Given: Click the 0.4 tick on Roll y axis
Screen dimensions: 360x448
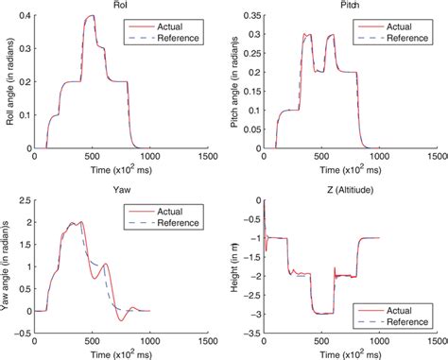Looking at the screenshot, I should [x=27, y=16].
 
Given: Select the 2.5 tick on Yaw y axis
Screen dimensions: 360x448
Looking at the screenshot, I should [x=27, y=200].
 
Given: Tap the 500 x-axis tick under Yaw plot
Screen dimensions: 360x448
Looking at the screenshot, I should [x=95, y=345].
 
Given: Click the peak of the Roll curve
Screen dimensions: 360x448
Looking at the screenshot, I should [x=91, y=16].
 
